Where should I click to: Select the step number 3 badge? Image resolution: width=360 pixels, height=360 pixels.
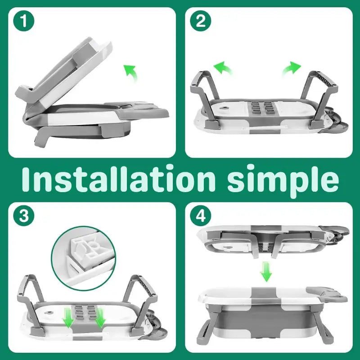(x=24, y=216)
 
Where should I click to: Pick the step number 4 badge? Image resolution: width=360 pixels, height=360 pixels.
(x=200, y=216)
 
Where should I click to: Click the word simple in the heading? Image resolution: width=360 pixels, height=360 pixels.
(x=283, y=181)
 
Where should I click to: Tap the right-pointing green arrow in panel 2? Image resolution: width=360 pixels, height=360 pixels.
(x=291, y=68)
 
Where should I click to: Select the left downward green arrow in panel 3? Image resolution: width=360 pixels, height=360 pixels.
(x=69, y=318)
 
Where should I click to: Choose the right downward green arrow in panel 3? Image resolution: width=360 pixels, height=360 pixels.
(x=100, y=318)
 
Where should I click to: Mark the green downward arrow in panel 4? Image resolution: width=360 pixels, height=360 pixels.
(x=266, y=272)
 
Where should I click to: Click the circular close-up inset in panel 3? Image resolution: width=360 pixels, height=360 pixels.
(x=83, y=258)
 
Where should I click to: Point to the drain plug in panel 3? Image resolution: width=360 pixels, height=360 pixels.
(x=49, y=312)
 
